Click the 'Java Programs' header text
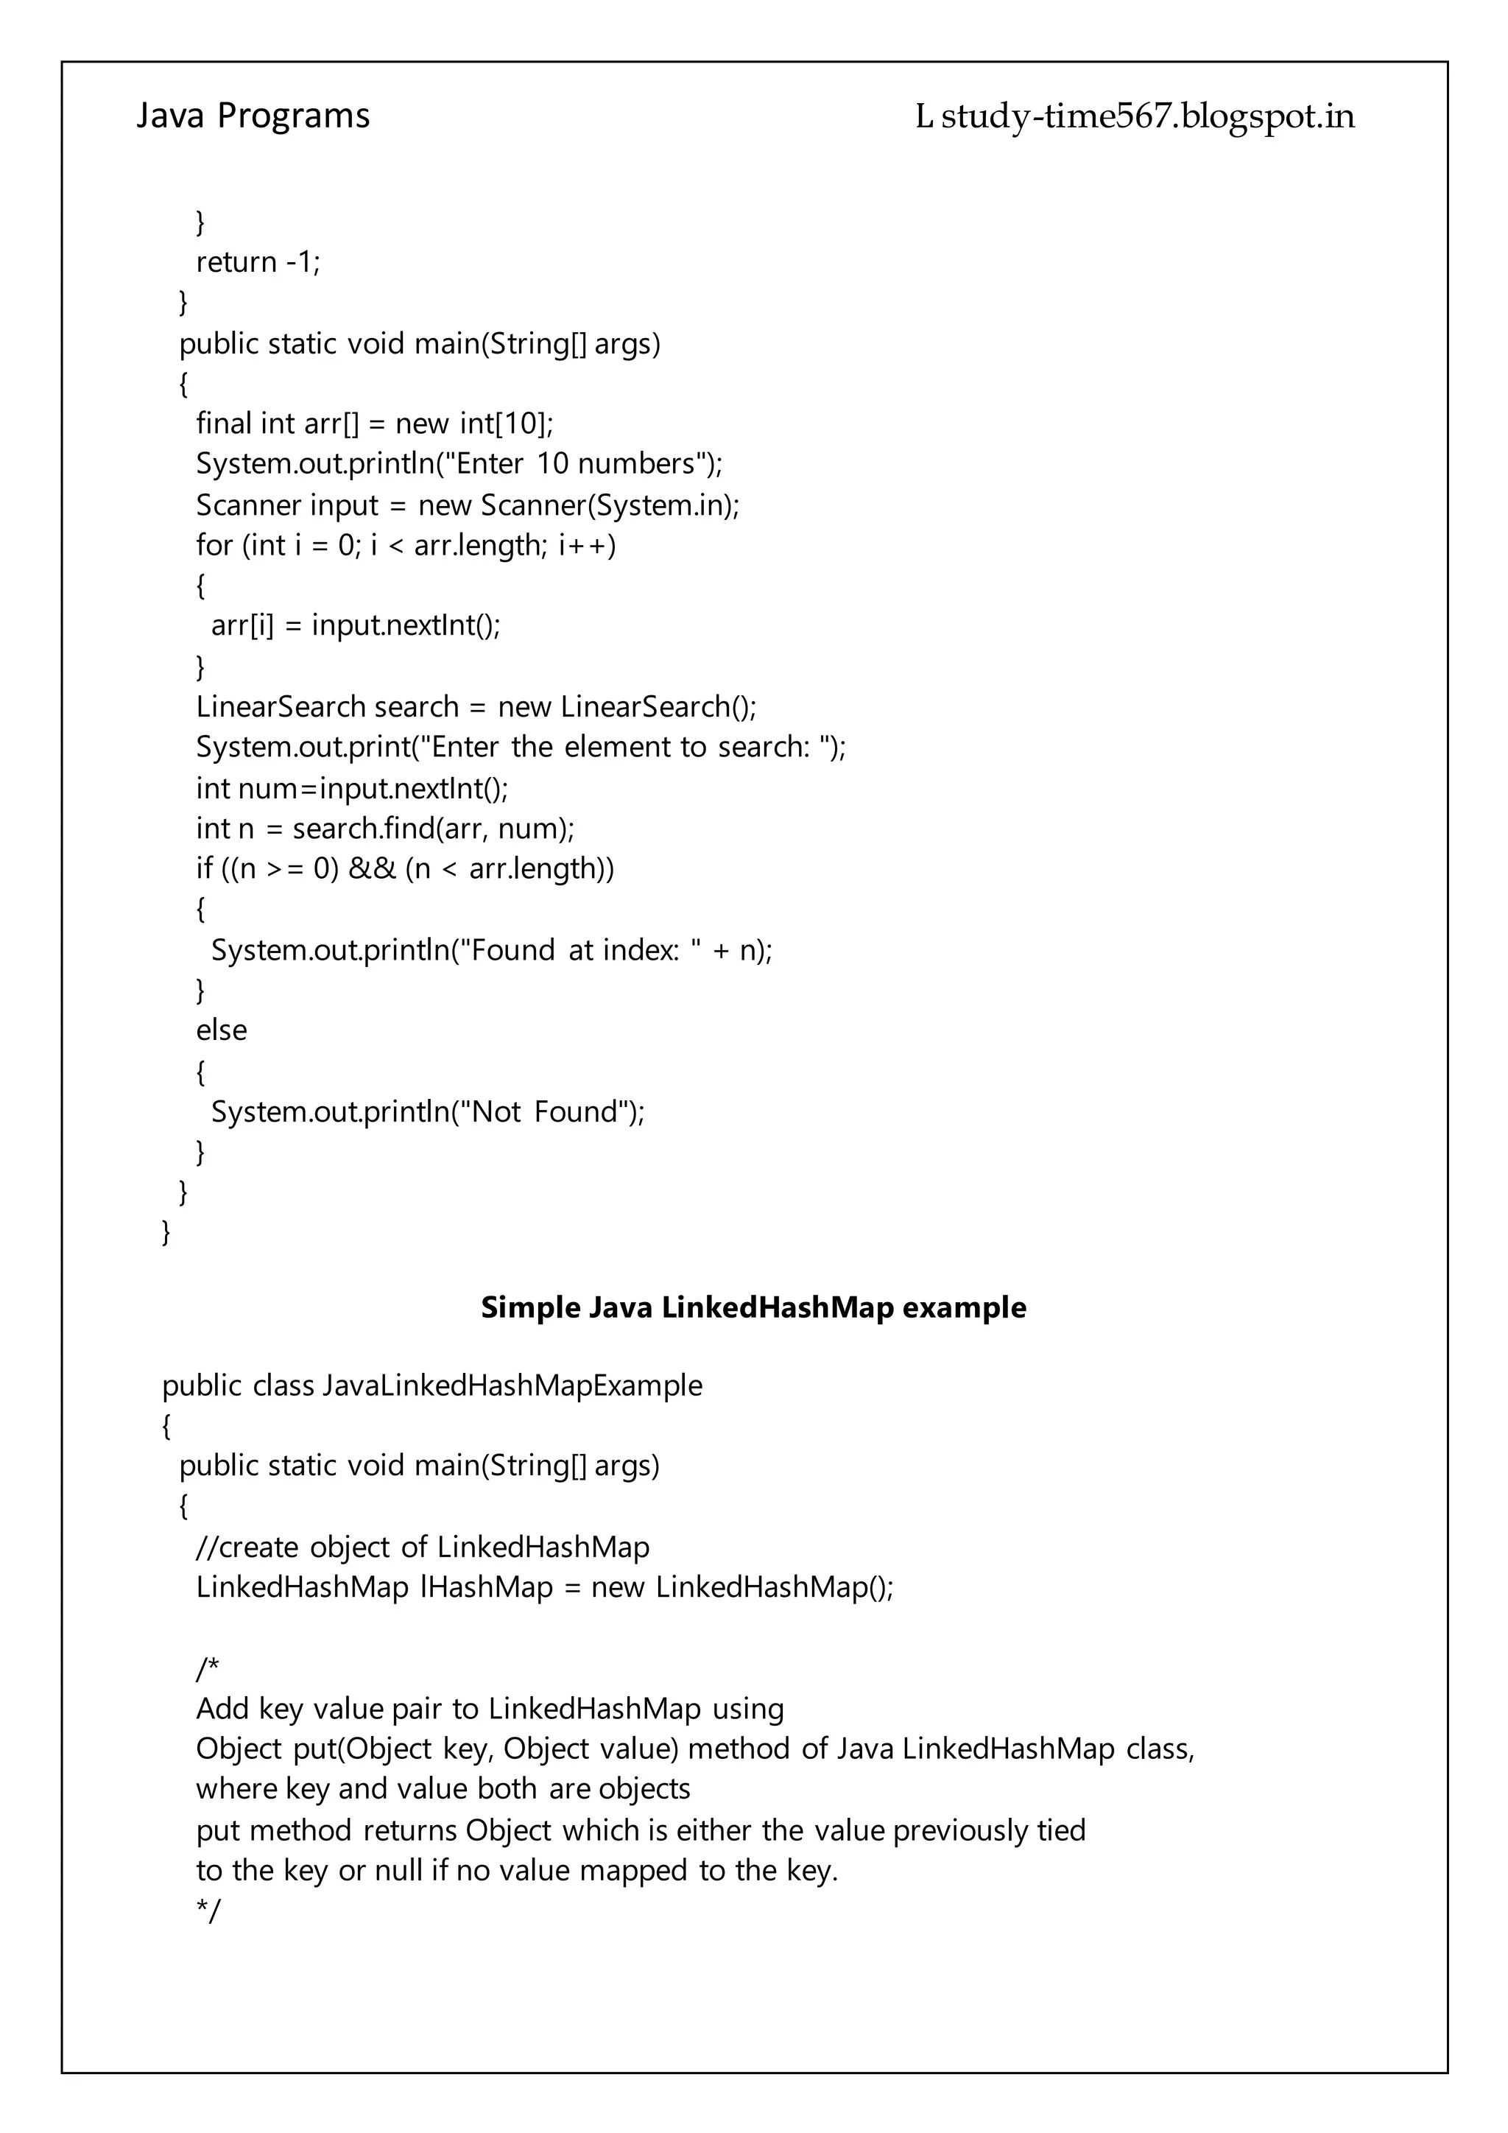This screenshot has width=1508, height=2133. click(253, 116)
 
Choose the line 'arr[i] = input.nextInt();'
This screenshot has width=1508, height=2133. click(356, 625)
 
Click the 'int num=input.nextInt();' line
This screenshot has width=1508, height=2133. click(352, 789)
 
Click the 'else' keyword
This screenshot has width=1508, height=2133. click(221, 1030)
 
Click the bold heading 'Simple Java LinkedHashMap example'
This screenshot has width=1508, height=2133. click(753, 1308)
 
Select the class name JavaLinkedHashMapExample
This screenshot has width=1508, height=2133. click(512, 1386)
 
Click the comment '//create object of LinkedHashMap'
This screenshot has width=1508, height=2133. click(423, 1547)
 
